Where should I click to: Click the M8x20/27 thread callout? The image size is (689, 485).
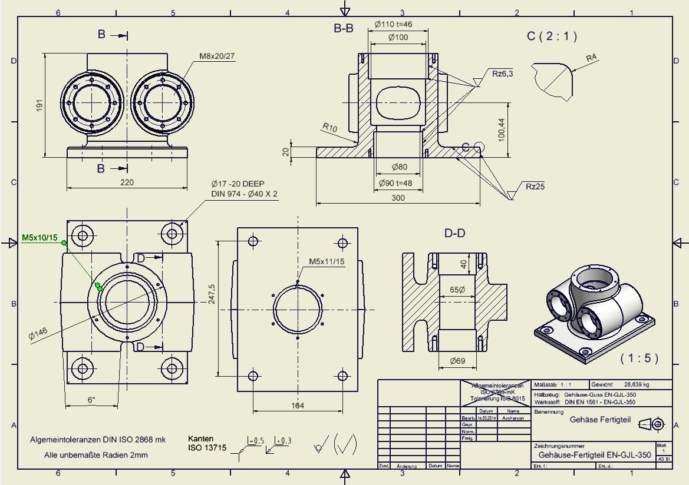pyautogui.click(x=216, y=56)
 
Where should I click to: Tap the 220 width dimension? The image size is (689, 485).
pyautogui.click(x=126, y=182)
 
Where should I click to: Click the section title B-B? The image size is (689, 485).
pyautogui.click(x=343, y=28)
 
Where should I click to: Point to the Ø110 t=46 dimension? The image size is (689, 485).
pyautogui.click(x=393, y=24)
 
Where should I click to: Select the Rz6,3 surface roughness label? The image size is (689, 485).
pyautogui.click(x=503, y=74)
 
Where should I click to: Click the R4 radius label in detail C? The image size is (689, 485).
pyautogui.click(x=592, y=58)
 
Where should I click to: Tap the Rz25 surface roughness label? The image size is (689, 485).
pyautogui.click(x=536, y=187)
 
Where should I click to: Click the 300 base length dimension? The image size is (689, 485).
pyautogui.click(x=398, y=198)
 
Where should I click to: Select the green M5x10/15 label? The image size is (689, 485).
pyautogui.click(x=39, y=238)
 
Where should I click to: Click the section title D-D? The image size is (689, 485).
pyautogui.click(x=454, y=234)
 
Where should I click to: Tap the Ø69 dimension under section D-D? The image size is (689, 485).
pyautogui.click(x=457, y=360)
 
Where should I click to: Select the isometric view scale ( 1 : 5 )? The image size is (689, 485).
pyautogui.click(x=638, y=358)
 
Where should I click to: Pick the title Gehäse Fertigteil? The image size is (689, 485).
pyautogui.click(x=601, y=420)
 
